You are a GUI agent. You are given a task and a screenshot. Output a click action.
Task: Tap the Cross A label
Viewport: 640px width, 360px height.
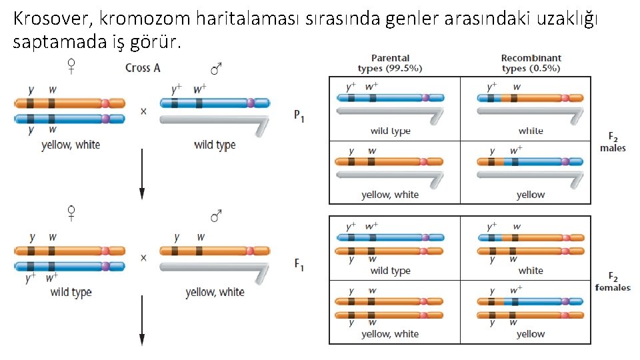143,68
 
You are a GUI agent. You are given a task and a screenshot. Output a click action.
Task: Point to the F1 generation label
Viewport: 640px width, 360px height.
299,265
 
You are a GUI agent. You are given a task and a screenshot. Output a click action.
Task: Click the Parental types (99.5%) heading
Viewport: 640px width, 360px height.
390,63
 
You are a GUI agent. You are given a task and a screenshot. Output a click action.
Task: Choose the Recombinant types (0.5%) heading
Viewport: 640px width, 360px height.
531,63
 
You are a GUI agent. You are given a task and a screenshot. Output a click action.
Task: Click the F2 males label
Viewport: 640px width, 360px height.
613,143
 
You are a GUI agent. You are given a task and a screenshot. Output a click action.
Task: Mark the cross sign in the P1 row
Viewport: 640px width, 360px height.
143,111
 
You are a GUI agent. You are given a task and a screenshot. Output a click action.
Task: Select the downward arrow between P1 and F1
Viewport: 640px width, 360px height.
142,183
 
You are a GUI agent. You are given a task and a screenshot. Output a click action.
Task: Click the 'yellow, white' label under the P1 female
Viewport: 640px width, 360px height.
71,145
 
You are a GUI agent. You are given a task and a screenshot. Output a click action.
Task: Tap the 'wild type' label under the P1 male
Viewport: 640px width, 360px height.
215,145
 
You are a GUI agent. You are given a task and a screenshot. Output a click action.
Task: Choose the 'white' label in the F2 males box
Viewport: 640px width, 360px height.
531,131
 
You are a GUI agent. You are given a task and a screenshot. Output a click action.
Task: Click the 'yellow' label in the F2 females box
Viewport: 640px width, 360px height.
531,334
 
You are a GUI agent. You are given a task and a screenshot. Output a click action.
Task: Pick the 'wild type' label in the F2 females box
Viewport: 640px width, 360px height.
390,271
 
